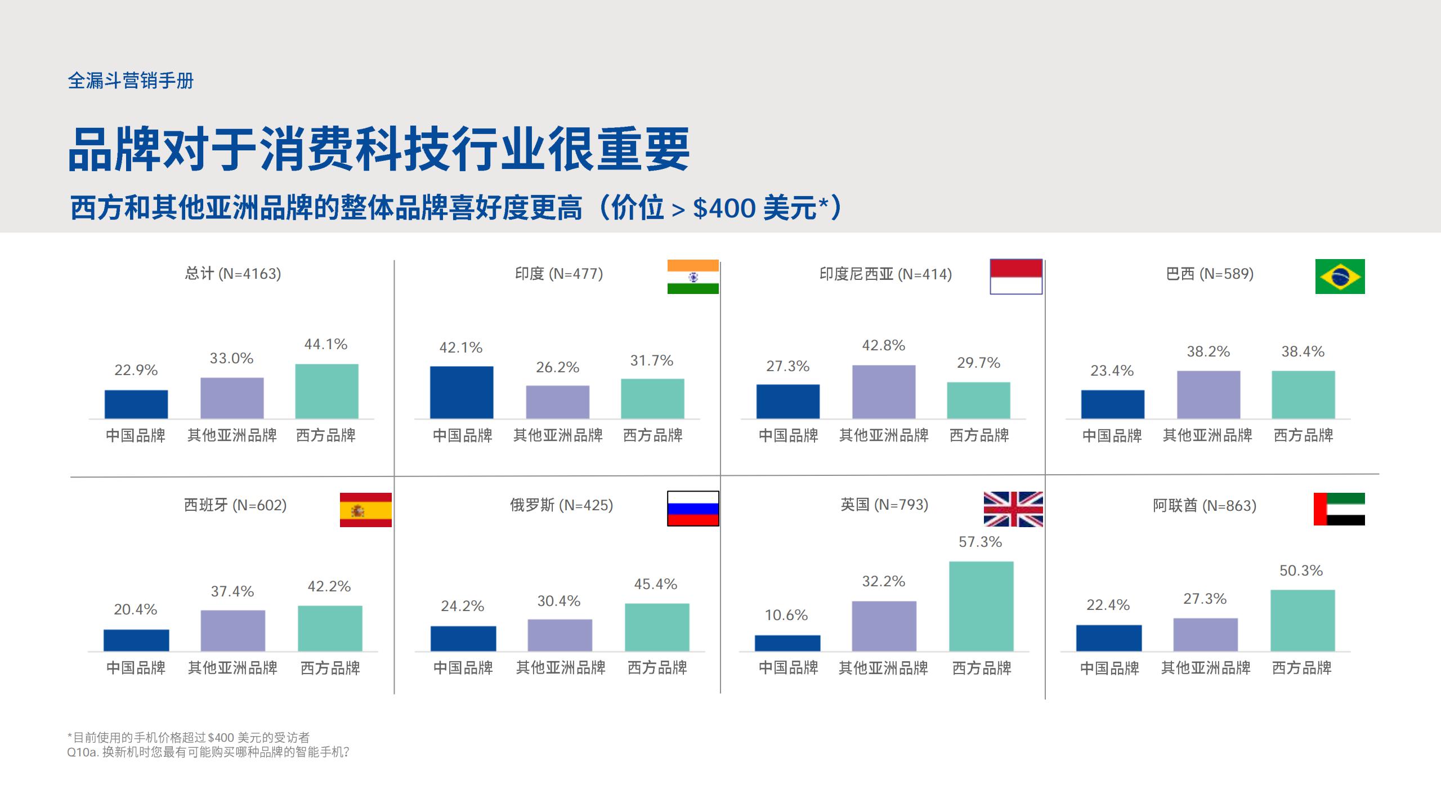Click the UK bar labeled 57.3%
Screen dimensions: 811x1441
(981, 606)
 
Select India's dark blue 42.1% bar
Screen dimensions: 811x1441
(462, 393)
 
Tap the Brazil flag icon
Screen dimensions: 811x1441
(1340, 277)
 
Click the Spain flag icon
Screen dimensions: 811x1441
(365, 510)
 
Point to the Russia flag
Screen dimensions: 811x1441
(693, 509)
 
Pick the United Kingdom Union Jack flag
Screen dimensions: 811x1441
(1013, 509)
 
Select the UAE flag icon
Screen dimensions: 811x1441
(1339, 509)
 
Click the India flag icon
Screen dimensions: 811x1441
(693, 277)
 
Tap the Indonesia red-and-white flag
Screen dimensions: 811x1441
(1016, 277)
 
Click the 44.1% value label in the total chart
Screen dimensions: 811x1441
(326, 344)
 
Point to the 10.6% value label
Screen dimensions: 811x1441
(786, 615)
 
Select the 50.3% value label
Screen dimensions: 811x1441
(1301, 571)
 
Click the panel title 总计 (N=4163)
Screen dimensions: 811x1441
(233, 274)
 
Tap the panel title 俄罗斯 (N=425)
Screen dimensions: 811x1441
(561, 505)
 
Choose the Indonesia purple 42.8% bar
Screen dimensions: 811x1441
(884, 392)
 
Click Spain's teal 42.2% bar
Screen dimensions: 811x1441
(330, 629)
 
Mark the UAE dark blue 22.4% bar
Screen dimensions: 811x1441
(1109, 638)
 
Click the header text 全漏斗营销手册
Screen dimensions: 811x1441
(131, 81)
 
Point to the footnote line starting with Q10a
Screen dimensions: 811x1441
(208, 752)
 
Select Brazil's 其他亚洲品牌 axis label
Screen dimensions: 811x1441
(1208, 435)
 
